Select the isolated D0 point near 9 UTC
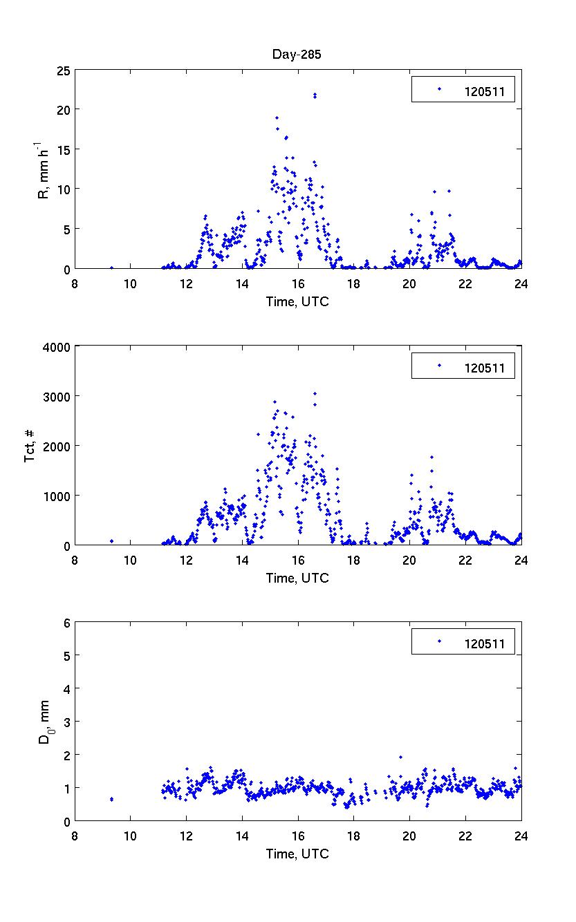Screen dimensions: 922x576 pyautogui.click(x=111, y=799)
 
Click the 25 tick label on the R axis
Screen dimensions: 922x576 pyautogui.click(x=64, y=70)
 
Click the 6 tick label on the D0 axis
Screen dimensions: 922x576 pyautogui.click(x=67, y=623)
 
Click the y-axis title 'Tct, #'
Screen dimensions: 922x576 pyautogui.click(x=30, y=445)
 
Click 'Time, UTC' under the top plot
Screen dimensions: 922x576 pyautogui.click(x=297, y=301)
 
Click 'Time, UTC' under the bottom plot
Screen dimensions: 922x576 pyautogui.click(x=297, y=854)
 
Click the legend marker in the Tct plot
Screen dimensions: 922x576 pyautogui.click(x=438, y=366)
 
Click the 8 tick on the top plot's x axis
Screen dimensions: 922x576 pyautogui.click(x=75, y=282)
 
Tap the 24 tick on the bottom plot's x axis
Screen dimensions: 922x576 pyautogui.click(x=521, y=835)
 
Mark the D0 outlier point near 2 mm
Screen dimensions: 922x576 pyautogui.click(x=400, y=757)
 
